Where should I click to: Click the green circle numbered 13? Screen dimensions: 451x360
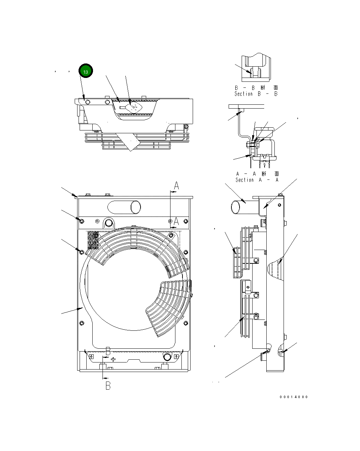(x=86, y=71)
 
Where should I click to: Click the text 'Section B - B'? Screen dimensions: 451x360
(x=256, y=94)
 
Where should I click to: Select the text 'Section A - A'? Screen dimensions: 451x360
(x=257, y=180)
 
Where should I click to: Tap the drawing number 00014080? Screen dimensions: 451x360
(x=294, y=397)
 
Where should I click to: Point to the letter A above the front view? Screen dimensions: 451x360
(x=177, y=186)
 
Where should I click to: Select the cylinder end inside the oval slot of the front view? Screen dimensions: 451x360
(x=135, y=207)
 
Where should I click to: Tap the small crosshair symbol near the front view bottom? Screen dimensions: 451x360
(x=113, y=359)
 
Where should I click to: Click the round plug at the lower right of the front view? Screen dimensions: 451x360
(x=166, y=357)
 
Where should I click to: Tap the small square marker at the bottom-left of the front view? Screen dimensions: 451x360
(x=91, y=356)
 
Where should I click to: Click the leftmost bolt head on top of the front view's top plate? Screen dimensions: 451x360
(x=87, y=195)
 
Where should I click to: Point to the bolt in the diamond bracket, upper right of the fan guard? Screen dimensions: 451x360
(x=172, y=235)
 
